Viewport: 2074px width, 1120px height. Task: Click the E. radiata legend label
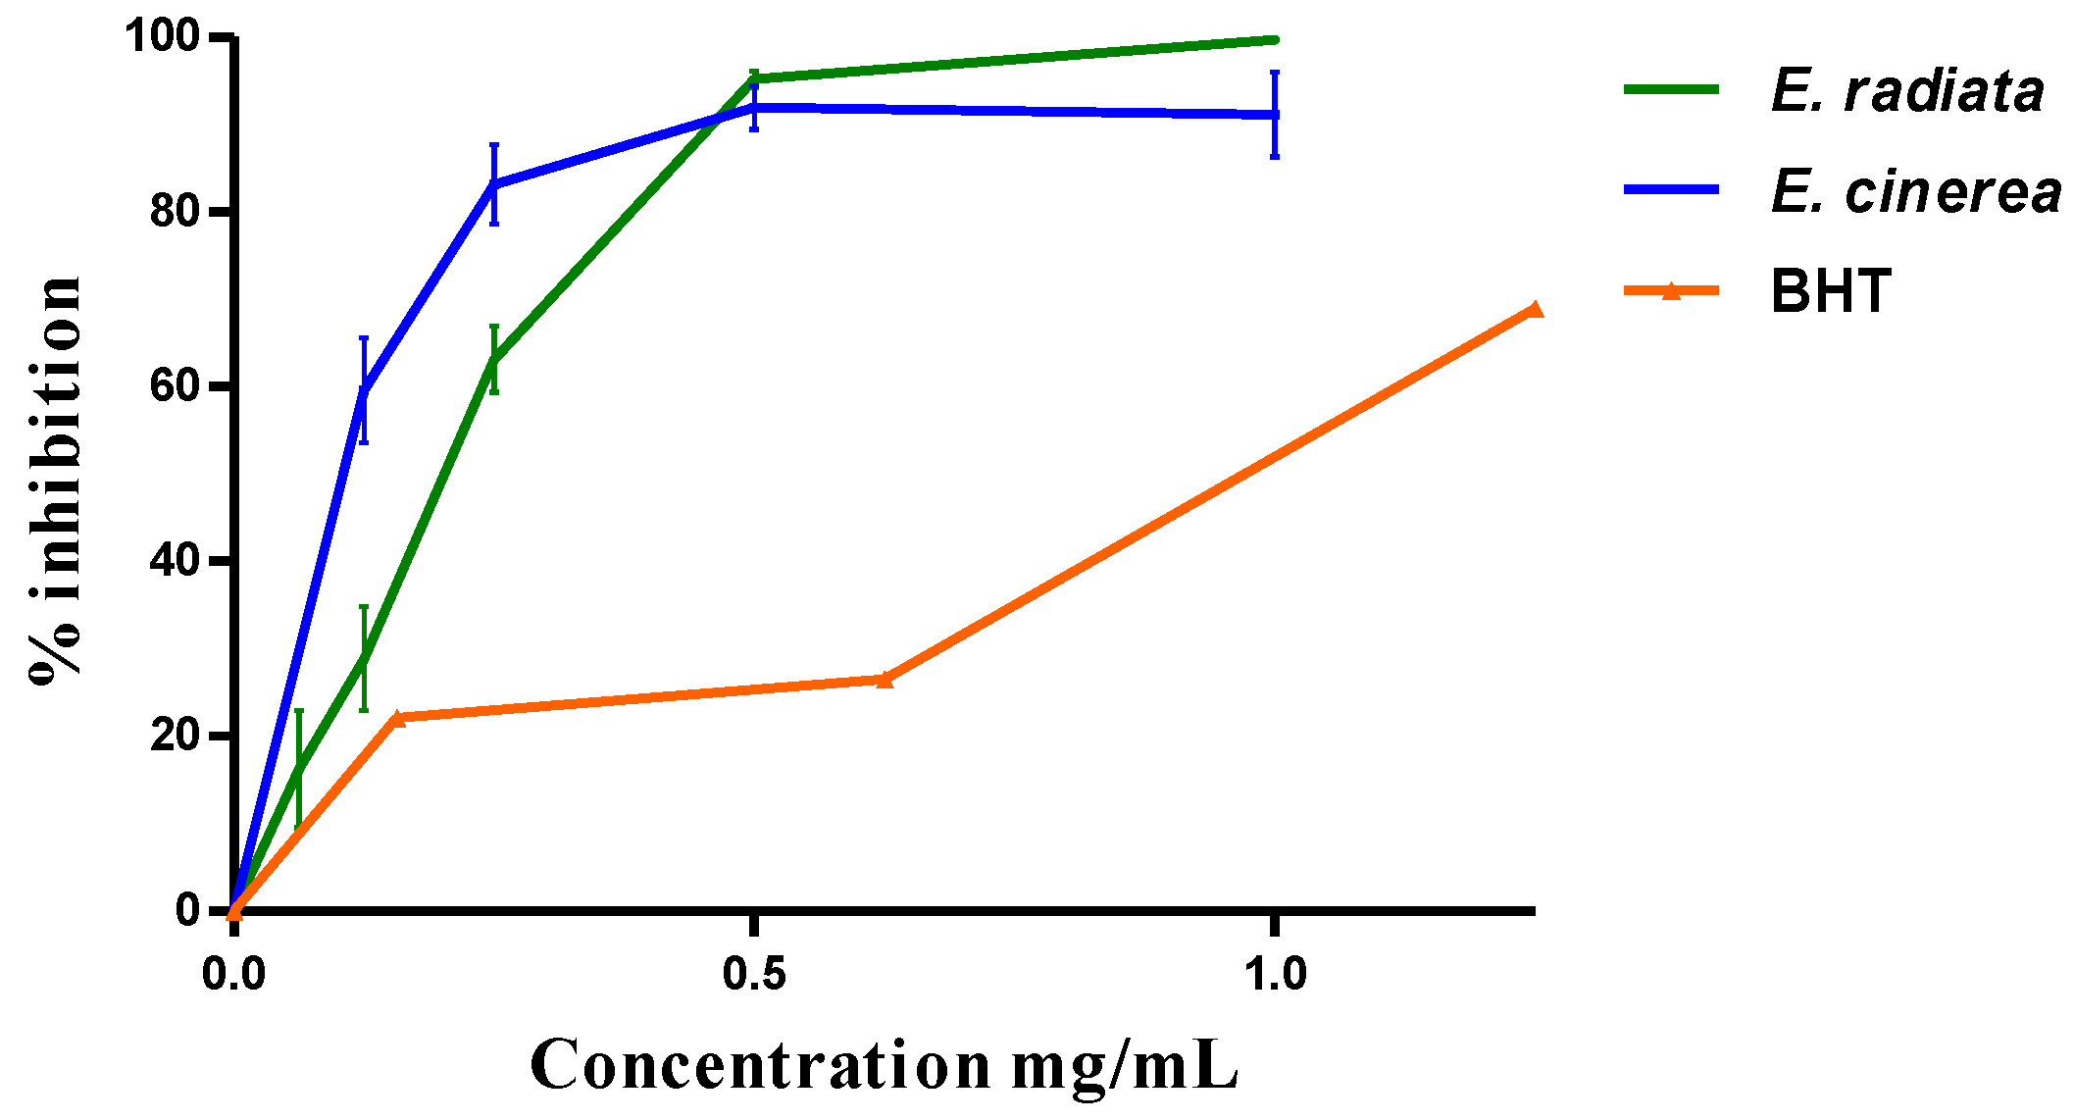(x=1906, y=91)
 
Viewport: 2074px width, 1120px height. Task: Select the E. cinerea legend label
(x=1915, y=191)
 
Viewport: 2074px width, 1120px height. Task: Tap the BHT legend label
(x=1830, y=291)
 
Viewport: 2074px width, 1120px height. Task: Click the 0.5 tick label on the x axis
(x=753, y=974)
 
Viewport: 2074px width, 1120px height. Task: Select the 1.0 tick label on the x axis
(x=1275, y=974)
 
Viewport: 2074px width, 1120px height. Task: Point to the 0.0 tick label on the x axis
(x=233, y=974)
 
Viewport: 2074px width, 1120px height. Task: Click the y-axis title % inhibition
(x=55, y=481)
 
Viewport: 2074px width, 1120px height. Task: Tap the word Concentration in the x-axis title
(x=760, y=1065)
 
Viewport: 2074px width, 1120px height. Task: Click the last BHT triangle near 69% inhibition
(x=1535, y=310)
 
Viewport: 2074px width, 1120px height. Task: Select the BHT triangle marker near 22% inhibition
(x=396, y=718)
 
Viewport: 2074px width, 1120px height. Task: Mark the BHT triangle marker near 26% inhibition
(x=885, y=679)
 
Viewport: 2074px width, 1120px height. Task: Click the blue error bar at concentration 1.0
(x=1274, y=115)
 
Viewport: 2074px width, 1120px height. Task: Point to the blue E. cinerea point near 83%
(x=494, y=183)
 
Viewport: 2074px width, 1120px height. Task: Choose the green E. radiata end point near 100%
(x=1273, y=39)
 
